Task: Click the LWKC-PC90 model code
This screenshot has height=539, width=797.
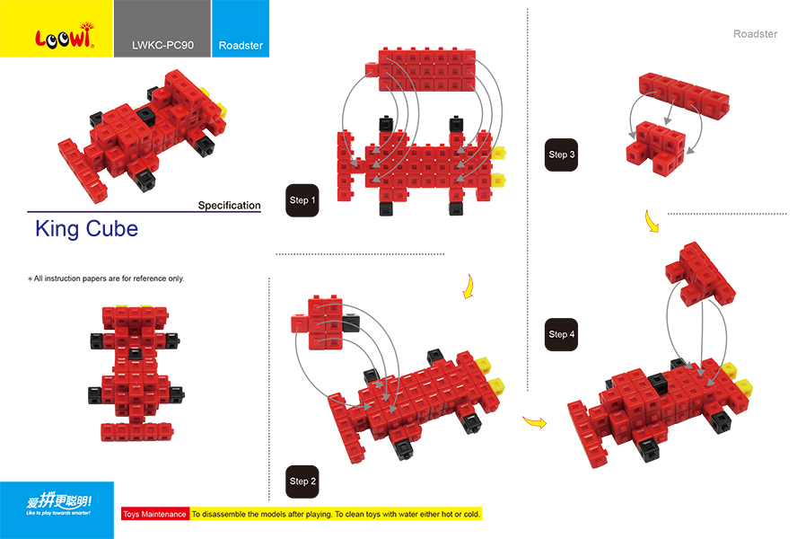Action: pyautogui.click(x=162, y=45)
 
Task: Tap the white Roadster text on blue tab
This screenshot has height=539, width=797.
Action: pyautogui.click(x=241, y=45)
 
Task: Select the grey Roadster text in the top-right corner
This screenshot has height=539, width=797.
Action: pyautogui.click(x=755, y=34)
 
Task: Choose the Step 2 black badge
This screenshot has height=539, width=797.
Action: pyautogui.click(x=302, y=481)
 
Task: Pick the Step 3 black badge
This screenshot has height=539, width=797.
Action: pyautogui.click(x=562, y=155)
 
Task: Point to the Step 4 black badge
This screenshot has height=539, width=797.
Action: pyautogui.click(x=562, y=334)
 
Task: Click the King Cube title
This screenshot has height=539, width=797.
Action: pyautogui.click(x=86, y=228)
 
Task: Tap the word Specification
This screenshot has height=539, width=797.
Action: pyautogui.click(x=229, y=206)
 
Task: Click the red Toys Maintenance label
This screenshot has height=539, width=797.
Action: pyautogui.click(x=154, y=514)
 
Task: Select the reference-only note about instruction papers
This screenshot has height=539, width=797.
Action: pyautogui.click(x=106, y=278)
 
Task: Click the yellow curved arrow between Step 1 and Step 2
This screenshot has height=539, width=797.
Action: pyautogui.click(x=466, y=287)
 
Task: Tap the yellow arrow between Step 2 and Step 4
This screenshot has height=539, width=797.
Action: pyautogui.click(x=535, y=421)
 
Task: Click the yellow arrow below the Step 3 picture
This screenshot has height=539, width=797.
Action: pyautogui.click(x=652, y=221)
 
